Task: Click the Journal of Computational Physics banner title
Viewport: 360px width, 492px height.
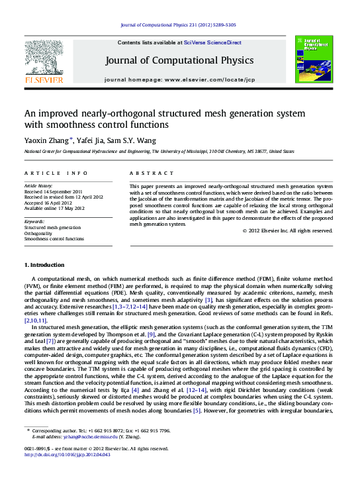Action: [x=179, y=60]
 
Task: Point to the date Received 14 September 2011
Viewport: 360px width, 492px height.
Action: [x=54, y=191]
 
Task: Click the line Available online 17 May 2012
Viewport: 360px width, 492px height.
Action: [x=55, y=208]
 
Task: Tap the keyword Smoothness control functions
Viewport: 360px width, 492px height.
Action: [x=54, y=239]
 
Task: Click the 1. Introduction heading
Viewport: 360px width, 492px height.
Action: [x=44, y=265]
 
